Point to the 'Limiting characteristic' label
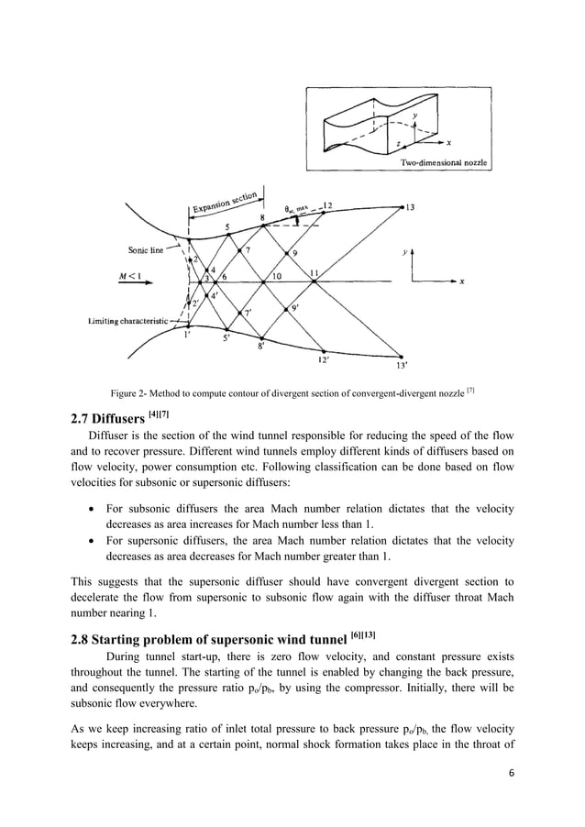pyautogui.click(x=127, y=320)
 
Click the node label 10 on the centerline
pyautogui.click(x=276, y=275)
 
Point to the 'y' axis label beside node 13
pyautogui.click(x=407, y=248)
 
